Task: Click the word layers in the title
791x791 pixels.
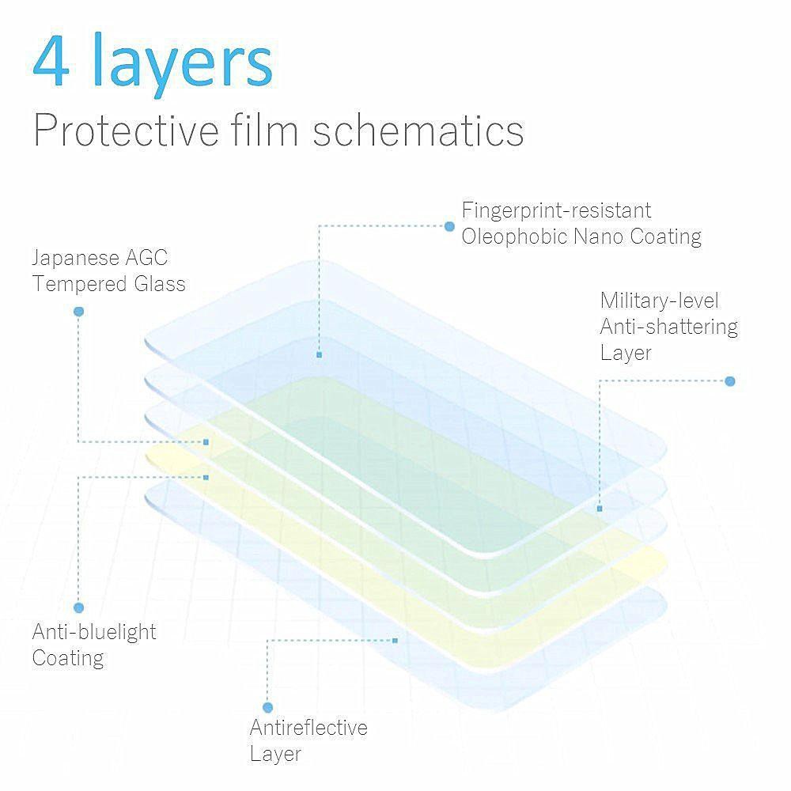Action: click(x=184, y=62)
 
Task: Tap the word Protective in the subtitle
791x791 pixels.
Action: click(x=126, y=131)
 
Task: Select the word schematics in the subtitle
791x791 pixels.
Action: click(x=418, y=131)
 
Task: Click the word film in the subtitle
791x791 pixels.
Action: click(x=265, y=130)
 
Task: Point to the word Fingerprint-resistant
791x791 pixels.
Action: click(x=556, y=211)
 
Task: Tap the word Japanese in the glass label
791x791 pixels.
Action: click(x=75, y=259)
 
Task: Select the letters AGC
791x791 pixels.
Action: click(x=146, y=258)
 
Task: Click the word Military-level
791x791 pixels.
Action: click(x=660, y=301)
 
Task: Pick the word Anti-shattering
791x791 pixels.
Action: click(x=669, y=327)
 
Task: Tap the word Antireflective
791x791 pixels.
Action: click(x=308, y=728)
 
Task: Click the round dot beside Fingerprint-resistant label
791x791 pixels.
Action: click(x=449, y=226)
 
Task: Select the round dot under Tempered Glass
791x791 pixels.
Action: click(x=78, y=312)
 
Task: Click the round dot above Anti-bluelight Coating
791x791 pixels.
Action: click(x=78, y=607)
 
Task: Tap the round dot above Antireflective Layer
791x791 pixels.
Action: click(x=268, y=707)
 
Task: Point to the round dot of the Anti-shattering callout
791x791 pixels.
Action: click(x=730, y=381)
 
